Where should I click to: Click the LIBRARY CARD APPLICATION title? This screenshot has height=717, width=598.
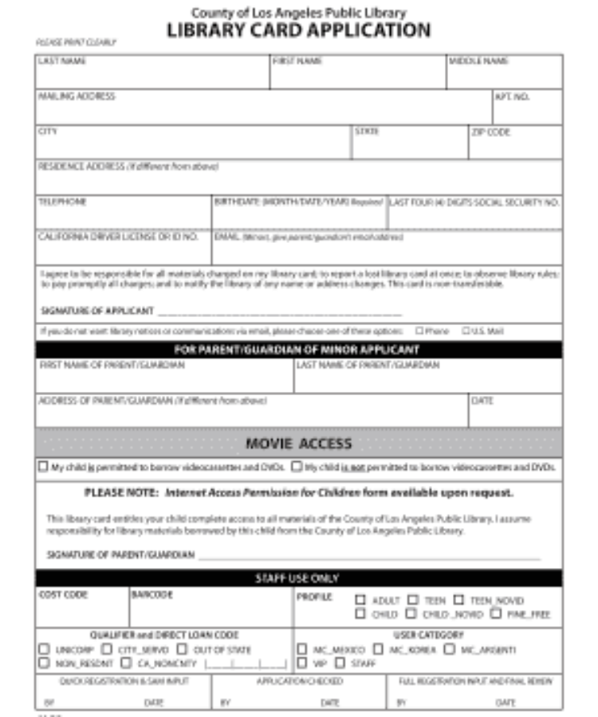click(x=299, y=30)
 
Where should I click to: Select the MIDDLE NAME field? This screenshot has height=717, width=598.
click(x=504, y=74)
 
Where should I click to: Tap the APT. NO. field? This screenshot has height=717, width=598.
click(x=527, y=109)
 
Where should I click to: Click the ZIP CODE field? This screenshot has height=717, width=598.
click(x=514, y=144)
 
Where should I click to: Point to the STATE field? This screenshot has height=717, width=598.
click(x=409, y=144)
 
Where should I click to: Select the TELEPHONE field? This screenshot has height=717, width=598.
click(x=124, y=214)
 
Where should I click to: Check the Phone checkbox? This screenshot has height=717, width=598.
click(x=419, y=331)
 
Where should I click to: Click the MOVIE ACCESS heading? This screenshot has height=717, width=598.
click(x=299, y=443)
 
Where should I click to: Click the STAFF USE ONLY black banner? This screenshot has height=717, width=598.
click(x=299, y=578)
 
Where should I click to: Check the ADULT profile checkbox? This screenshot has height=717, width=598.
click(x=360, y=600)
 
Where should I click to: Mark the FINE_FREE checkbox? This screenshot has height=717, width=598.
click(x=496, y=613)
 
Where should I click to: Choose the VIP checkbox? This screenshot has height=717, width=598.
click(x=302, y=662)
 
